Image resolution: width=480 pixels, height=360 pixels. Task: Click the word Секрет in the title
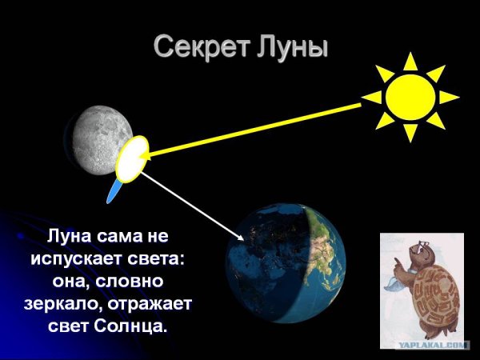(x=200, y=47)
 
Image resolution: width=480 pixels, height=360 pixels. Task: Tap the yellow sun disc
(x=410, y=97)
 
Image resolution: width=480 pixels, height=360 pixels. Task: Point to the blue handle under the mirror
(x=114, y=190)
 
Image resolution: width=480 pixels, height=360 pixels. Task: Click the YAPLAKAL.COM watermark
(x=433, y=345)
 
